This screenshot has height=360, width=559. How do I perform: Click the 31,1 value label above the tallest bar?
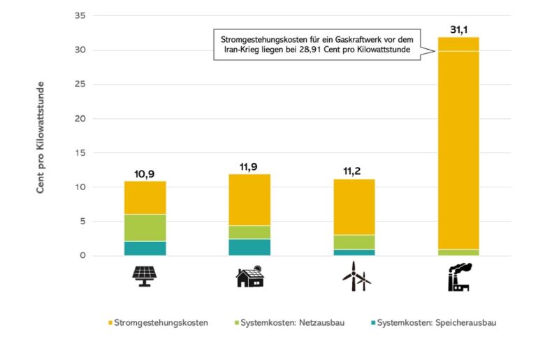458,29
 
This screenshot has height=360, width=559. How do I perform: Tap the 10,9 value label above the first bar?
145,173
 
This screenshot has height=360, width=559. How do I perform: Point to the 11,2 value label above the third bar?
354,171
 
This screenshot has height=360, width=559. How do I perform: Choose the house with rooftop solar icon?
249,276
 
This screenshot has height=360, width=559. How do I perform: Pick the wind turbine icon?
356,276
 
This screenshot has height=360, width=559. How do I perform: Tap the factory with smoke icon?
458,276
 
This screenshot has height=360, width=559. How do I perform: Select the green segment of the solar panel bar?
145,227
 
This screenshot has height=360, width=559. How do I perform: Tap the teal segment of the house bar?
249,247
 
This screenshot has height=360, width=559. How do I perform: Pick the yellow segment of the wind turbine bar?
354,207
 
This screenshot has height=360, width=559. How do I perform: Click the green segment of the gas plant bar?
458,252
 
